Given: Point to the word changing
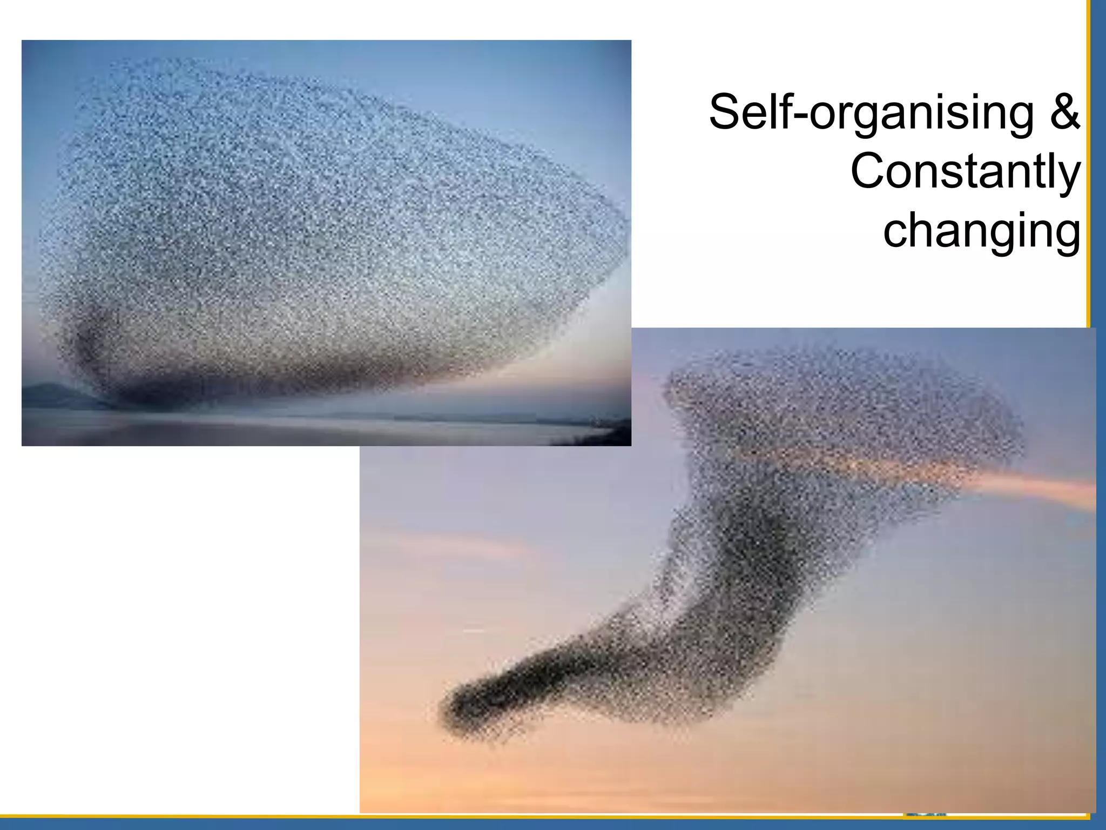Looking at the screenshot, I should point(982,231).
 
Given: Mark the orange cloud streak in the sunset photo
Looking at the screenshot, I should point(1026,486).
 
